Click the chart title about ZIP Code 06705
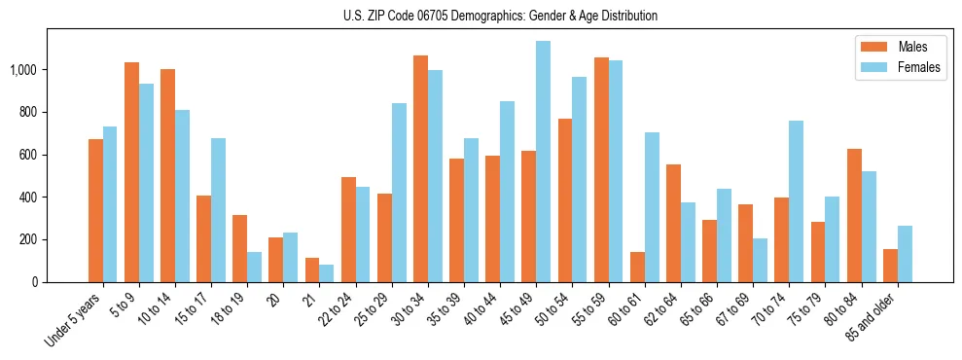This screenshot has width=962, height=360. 500,16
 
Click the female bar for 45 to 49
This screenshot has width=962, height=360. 543,162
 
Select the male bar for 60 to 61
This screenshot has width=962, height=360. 637,267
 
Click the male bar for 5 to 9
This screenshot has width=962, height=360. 131,172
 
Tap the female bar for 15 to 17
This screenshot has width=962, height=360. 218,210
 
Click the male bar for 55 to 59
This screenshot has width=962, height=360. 601,169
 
